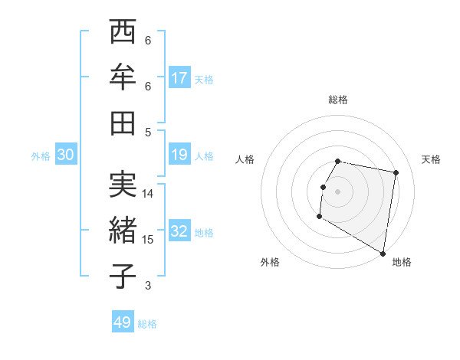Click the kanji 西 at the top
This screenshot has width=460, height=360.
coord(123,34)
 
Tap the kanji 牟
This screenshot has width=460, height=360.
coord(123,77)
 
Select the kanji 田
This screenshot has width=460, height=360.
coord(123,122)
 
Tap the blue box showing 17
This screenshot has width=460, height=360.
coord(179,78)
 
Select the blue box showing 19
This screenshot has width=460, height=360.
coord(179,155)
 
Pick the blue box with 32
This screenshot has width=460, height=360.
coord(179,232)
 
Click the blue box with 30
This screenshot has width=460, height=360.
coord(66,155)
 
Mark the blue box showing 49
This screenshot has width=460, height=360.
coord(123,322)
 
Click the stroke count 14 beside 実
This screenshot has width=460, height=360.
coord(148,194)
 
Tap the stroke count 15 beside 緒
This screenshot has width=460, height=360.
coord(148,240)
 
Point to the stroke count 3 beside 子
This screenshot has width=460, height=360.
coord(148,286)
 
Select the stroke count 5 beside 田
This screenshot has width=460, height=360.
coord(148,132)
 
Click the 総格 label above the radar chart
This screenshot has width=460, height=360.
coord(337,100)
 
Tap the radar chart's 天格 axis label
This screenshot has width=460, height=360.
coord(431,159)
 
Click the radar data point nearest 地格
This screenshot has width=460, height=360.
coord(383,254)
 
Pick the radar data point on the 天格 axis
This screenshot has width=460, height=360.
coord(396,173)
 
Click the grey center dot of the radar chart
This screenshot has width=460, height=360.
coord(337,191)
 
